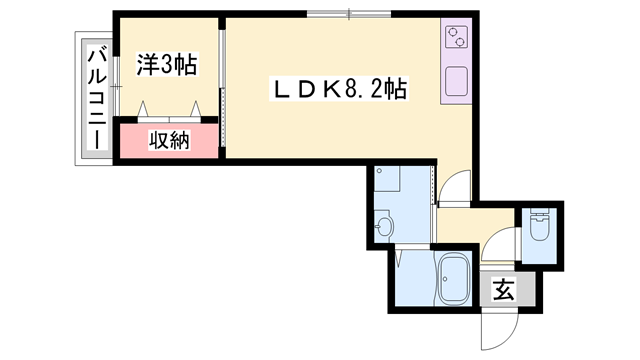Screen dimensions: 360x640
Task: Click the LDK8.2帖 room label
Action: tap(339, 89)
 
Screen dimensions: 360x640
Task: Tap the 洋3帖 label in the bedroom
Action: tap(166, 66)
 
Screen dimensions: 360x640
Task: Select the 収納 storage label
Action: tap(170, 141)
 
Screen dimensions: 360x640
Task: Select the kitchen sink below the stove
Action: tap(456, 80)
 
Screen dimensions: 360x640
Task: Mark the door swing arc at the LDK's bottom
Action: tap(454, 187)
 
